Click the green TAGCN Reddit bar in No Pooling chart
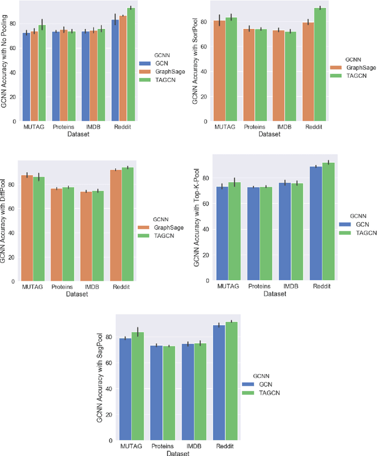(131, 65)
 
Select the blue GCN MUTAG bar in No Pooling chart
(26, 77)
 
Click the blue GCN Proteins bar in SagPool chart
(155, 392)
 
